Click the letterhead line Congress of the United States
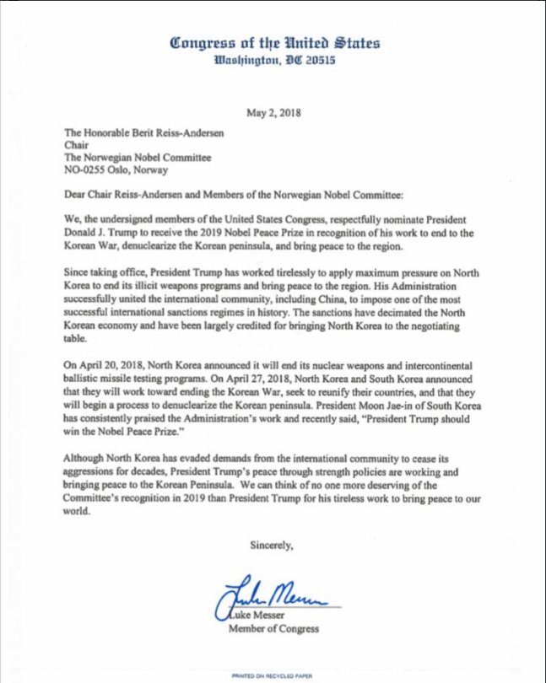coord(273,42)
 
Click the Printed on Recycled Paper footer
coord(273,675)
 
